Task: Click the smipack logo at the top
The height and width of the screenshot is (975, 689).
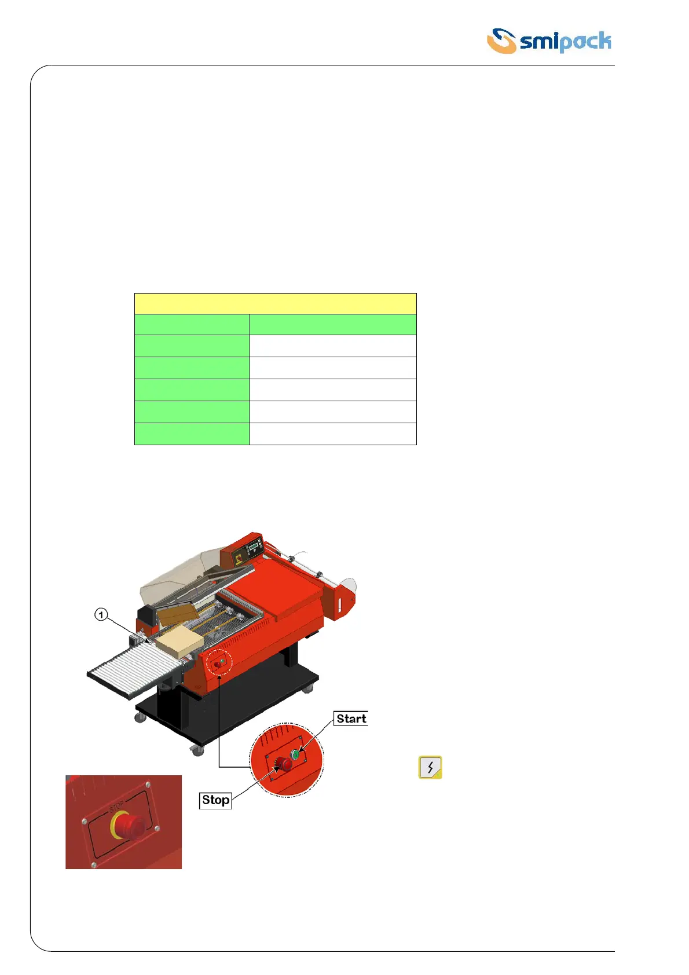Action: [x=549, y=41]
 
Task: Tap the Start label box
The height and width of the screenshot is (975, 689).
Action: [x=351, y=718]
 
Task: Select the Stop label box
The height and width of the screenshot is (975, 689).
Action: [x=215, y=800]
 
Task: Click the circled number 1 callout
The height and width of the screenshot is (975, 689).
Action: [x=101, y=614]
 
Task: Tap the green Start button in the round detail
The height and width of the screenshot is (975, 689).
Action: [x=295, y=754]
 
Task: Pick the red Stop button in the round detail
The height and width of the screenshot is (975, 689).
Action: [x=284, y=764]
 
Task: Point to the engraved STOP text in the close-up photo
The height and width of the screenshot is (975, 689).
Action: [x=116, y=806]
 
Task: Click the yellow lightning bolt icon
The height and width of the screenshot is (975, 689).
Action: [x=430, y=767]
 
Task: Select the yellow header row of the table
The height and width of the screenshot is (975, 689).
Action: [x=275, y=303]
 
